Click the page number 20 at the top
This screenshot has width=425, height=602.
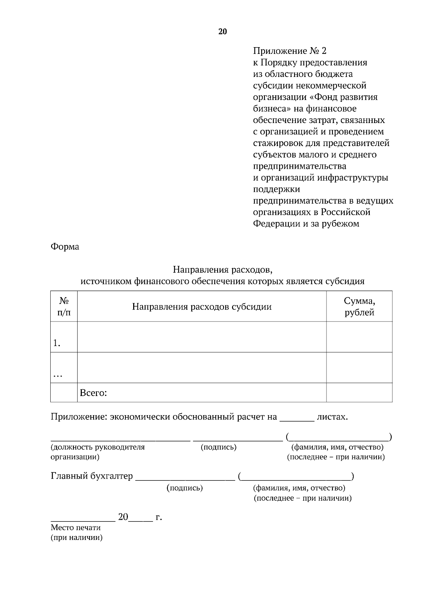pyautogui.click(x=222, y=32)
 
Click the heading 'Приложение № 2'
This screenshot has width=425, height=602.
pyautogui.click(x=289, y=51)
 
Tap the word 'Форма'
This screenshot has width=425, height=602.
pyautogui.click(x=65, y=246)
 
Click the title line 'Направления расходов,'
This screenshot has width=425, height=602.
pyautogui.click(x=222, y=270)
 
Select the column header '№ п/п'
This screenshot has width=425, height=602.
pyautogui.click(x=64, y=306)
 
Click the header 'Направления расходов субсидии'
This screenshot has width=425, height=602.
pyautogui.click(x=202, y=307)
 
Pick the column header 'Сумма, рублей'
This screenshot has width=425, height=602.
pyautogui.click(x=359, y=307)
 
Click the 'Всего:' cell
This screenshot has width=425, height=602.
pyautogui.click(x=93, y=393)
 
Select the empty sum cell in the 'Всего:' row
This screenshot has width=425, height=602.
pyautogui.click(x=359, y=393)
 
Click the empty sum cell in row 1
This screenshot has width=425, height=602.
pyautogui.click(x=359, y=337)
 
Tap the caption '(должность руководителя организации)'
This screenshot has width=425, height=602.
pyautogui.click(x=98, y=452)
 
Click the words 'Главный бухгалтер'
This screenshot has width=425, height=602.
pyautogui.click(x=92, y=476)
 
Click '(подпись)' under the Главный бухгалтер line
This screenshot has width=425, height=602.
pyautogui.click(x=185, y=488)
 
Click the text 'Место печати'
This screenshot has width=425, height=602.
pyautogui.click(x=75, y=528)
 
